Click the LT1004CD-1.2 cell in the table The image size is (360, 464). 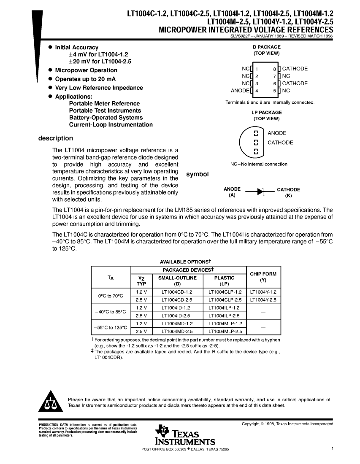pos(177,292)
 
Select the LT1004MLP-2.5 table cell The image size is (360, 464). pos(224,332)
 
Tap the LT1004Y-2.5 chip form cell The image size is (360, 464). pos(263,300)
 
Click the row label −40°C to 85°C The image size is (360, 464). pos(111,312)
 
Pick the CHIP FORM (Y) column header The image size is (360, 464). pos(263,277)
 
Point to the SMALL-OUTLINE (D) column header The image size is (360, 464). pos(177,281)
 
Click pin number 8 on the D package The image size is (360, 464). pos(274,69)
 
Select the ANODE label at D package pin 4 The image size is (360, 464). pos(240,91)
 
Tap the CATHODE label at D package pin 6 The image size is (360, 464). pos(295,84)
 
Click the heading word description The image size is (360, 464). pos(55,138)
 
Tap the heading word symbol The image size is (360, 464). pos(198,174)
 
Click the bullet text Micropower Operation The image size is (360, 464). pos(86,70)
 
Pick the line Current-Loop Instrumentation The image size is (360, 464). pos(111,125)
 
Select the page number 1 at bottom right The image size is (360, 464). pos(333,449)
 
